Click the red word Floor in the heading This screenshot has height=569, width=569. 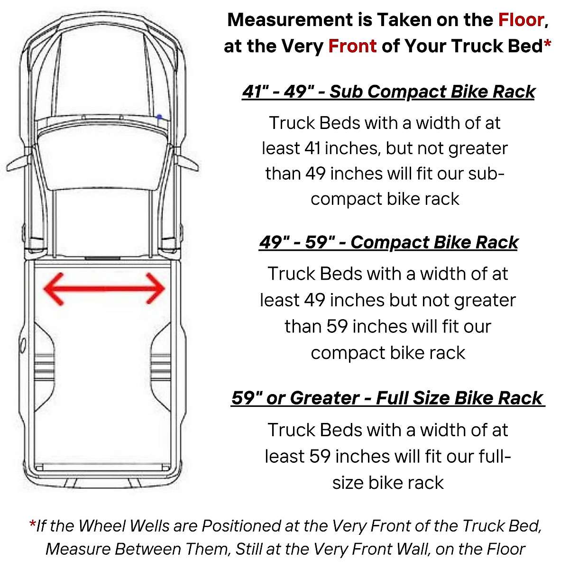520,20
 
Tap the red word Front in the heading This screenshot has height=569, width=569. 352,46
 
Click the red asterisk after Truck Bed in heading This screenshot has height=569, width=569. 547,45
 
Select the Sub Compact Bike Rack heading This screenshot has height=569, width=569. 388,91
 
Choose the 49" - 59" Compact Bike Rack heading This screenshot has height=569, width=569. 388,242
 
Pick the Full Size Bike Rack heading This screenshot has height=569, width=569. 387,397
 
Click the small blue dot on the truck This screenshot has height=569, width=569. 159,117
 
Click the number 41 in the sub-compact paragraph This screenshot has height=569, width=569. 313,148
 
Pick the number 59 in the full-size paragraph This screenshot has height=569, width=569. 320,456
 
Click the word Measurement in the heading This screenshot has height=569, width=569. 289,20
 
